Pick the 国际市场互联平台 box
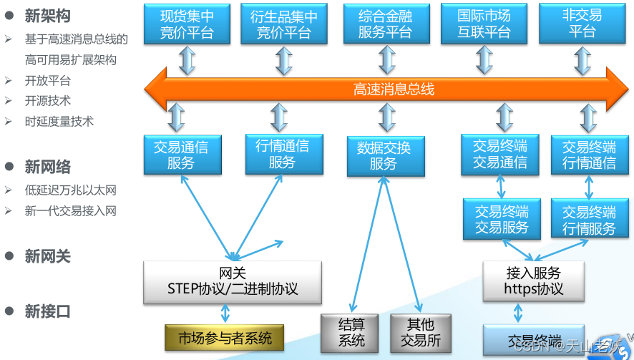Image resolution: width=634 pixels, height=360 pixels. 484,24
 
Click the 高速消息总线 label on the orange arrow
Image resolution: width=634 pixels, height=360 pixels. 394,89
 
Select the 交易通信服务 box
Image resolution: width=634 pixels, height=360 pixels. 181,155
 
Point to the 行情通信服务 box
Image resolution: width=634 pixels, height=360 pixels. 282,154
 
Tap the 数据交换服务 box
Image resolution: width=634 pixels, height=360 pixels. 384,156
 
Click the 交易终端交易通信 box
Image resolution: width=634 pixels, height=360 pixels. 499,155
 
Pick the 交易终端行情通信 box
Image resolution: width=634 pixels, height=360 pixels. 589,155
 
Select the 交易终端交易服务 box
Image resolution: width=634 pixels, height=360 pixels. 502,220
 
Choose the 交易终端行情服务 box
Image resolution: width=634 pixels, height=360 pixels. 589,220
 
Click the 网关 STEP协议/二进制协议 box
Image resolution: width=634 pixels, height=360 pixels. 233,281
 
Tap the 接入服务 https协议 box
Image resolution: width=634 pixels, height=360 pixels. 534,281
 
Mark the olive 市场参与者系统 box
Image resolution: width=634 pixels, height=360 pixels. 225,338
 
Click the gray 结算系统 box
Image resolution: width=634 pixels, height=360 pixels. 351,333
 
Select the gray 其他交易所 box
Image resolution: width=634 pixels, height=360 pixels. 423,333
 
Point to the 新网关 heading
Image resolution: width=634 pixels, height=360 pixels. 47,256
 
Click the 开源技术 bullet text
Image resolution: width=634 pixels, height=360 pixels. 47,101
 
